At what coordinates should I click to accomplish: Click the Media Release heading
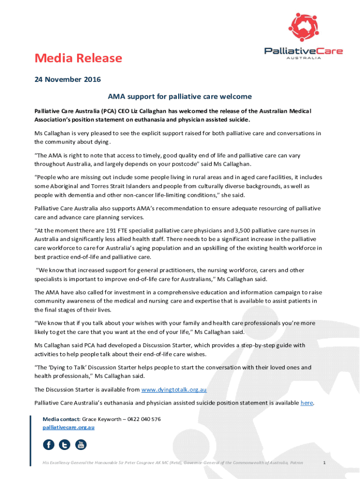click(78, 58)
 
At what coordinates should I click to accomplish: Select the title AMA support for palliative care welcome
click(180, 97)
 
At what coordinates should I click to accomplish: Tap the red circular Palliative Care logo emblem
click(304, 27)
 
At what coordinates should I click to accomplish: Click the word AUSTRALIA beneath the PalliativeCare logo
click(304, 58)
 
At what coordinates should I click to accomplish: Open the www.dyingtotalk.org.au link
click(174, 389)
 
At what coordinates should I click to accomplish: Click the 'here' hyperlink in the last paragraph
click(307, 402)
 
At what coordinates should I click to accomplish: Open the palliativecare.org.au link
click(69, 427)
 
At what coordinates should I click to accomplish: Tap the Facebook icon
click(49, 444)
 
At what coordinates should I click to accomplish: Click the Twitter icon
click(65, 444)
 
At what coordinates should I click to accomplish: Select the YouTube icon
click(81, 444)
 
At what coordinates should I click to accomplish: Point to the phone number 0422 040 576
click(144, 419)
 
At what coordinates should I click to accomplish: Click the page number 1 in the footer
click(324, 463)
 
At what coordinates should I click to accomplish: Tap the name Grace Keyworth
click(101, 419)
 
